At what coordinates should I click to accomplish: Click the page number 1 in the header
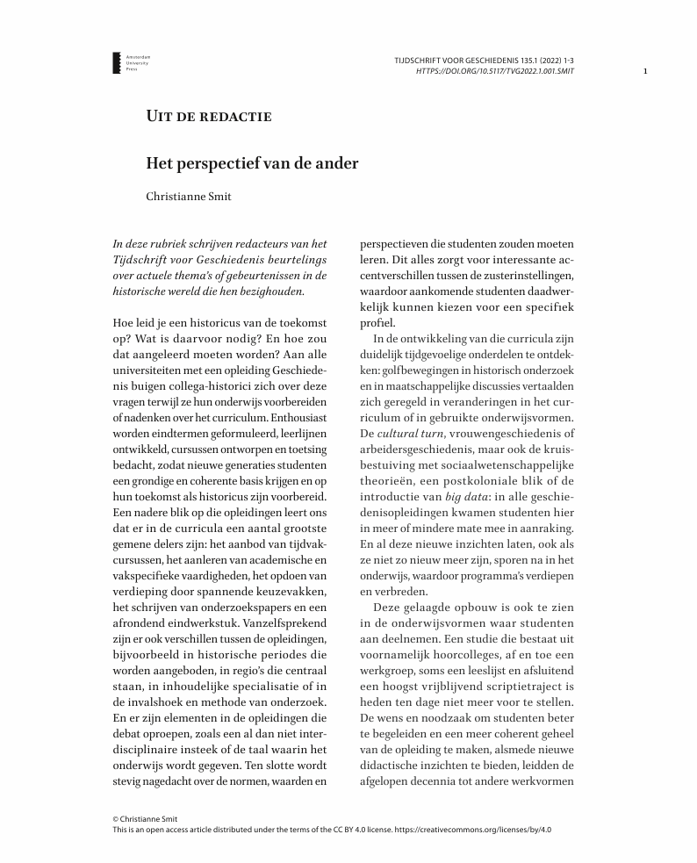[645, 71]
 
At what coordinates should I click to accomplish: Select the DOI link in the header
[495, 71]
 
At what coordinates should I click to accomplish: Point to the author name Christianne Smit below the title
[189, 197]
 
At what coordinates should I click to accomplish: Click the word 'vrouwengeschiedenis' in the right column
[498, 434]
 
